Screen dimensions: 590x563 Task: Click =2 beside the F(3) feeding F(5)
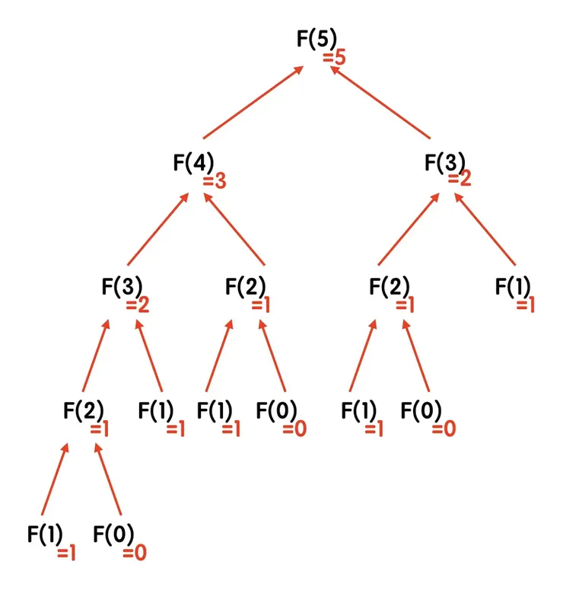tap(460, 180)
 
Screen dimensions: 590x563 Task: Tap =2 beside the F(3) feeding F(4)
tap(137, 306)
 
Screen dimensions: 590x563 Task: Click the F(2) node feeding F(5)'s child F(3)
tap(389, 287)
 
